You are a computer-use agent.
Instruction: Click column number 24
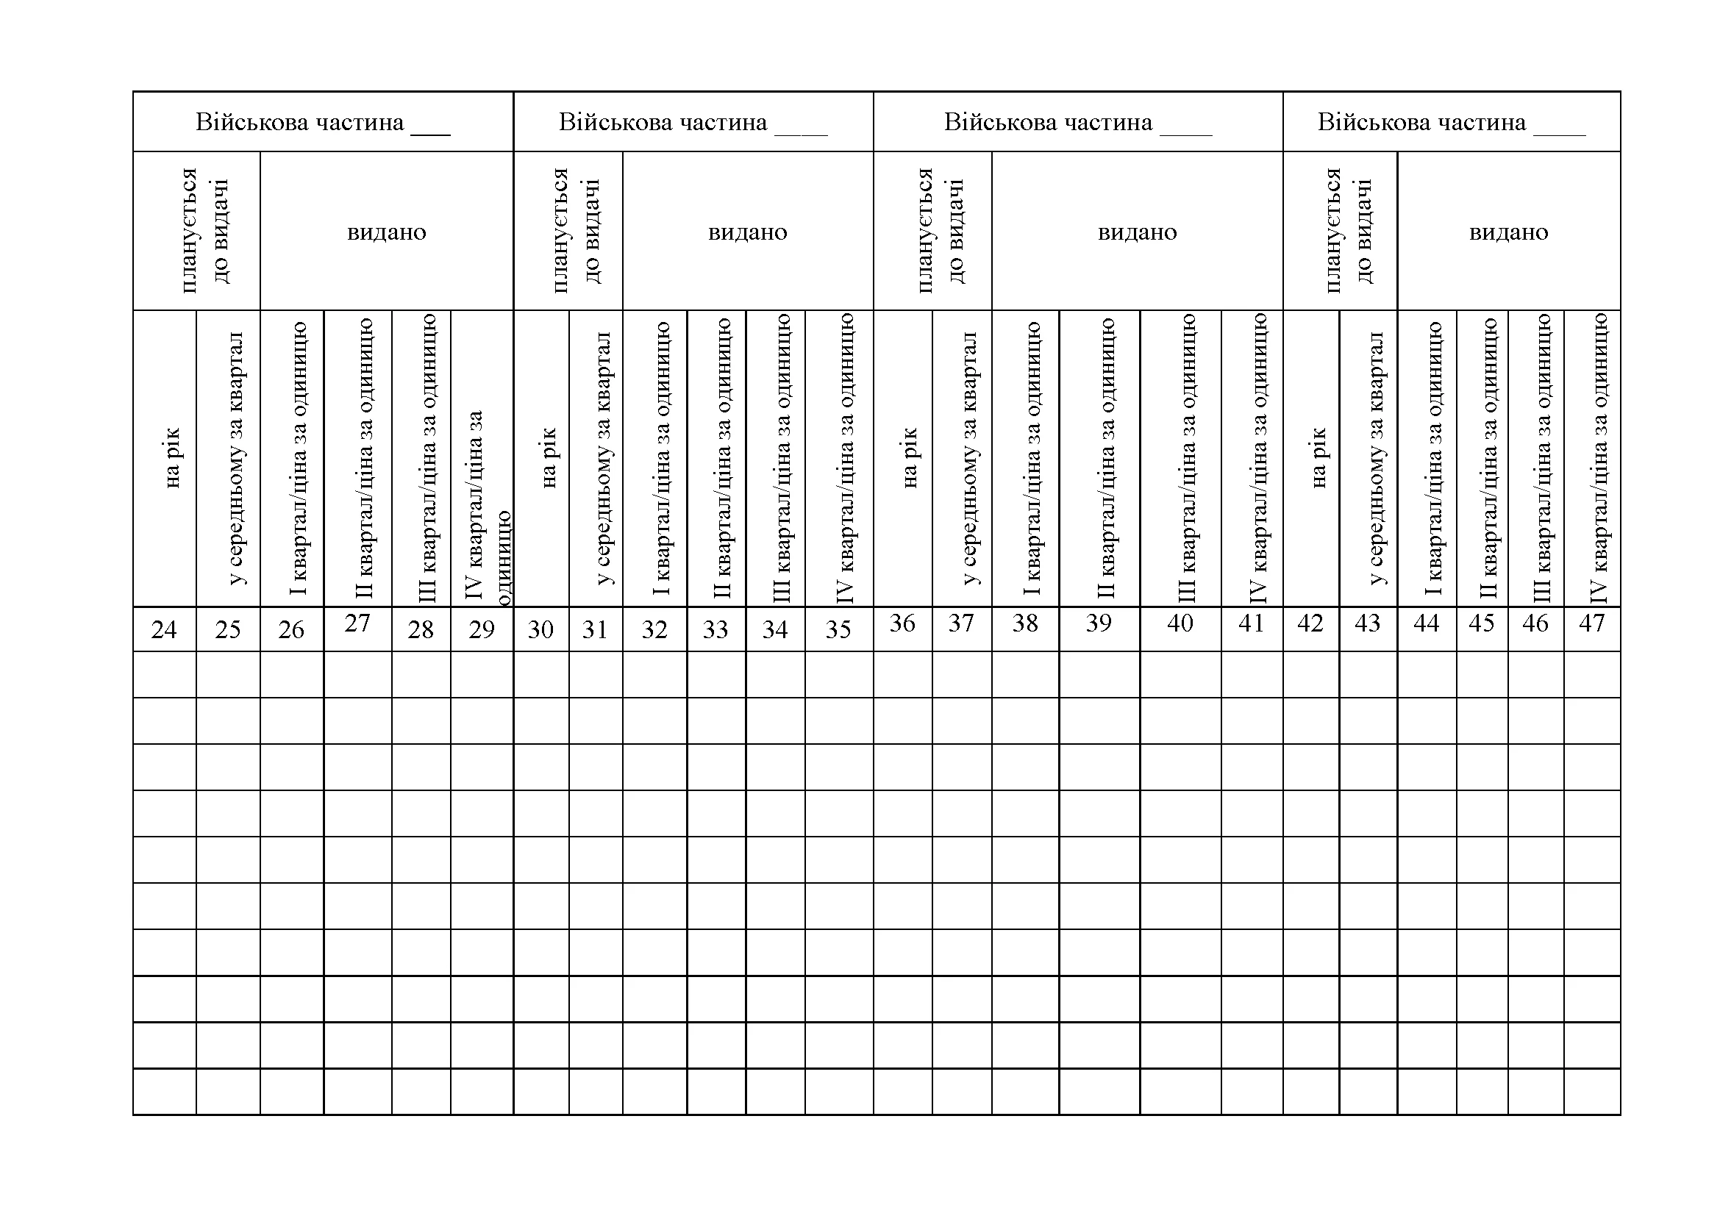pyautogui.click(x=164, y=629)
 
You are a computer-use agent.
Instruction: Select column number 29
pyautogui.click(x=482, y=629)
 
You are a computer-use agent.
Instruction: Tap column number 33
pyautogui.click(x=716, y=629)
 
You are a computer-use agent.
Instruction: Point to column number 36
pyautogui.click(x=902, y=623)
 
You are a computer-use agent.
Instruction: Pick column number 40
pyautogui.click(x=1180, y=623)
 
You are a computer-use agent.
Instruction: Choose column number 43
pyautogui.click(x=1367, y=623)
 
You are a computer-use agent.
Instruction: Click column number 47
pyautogui.click(x=1592, y=623)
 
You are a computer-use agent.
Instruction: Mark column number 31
pyautogui.click(x=595, y=629)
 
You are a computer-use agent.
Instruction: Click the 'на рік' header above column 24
pyautogui.click(x=171, y=458)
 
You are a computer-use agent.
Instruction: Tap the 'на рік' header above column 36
pyautogui.click(x=910, y=458)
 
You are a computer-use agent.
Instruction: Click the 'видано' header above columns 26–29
pyautogui.click(x=387, y=232)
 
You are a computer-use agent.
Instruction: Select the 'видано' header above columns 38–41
pyautogui.click(x=1137, y=232)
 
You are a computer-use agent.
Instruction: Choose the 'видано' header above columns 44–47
pyautogui.click(x=1509, y=232)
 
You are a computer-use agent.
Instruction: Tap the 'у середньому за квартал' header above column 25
pyautogui.click(x=235, y=458)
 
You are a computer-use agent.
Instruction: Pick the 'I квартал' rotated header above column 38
pyautogui.click(x=1032, y=458)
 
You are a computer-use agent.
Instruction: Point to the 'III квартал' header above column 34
pyautogui.click(x=782, y=458)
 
